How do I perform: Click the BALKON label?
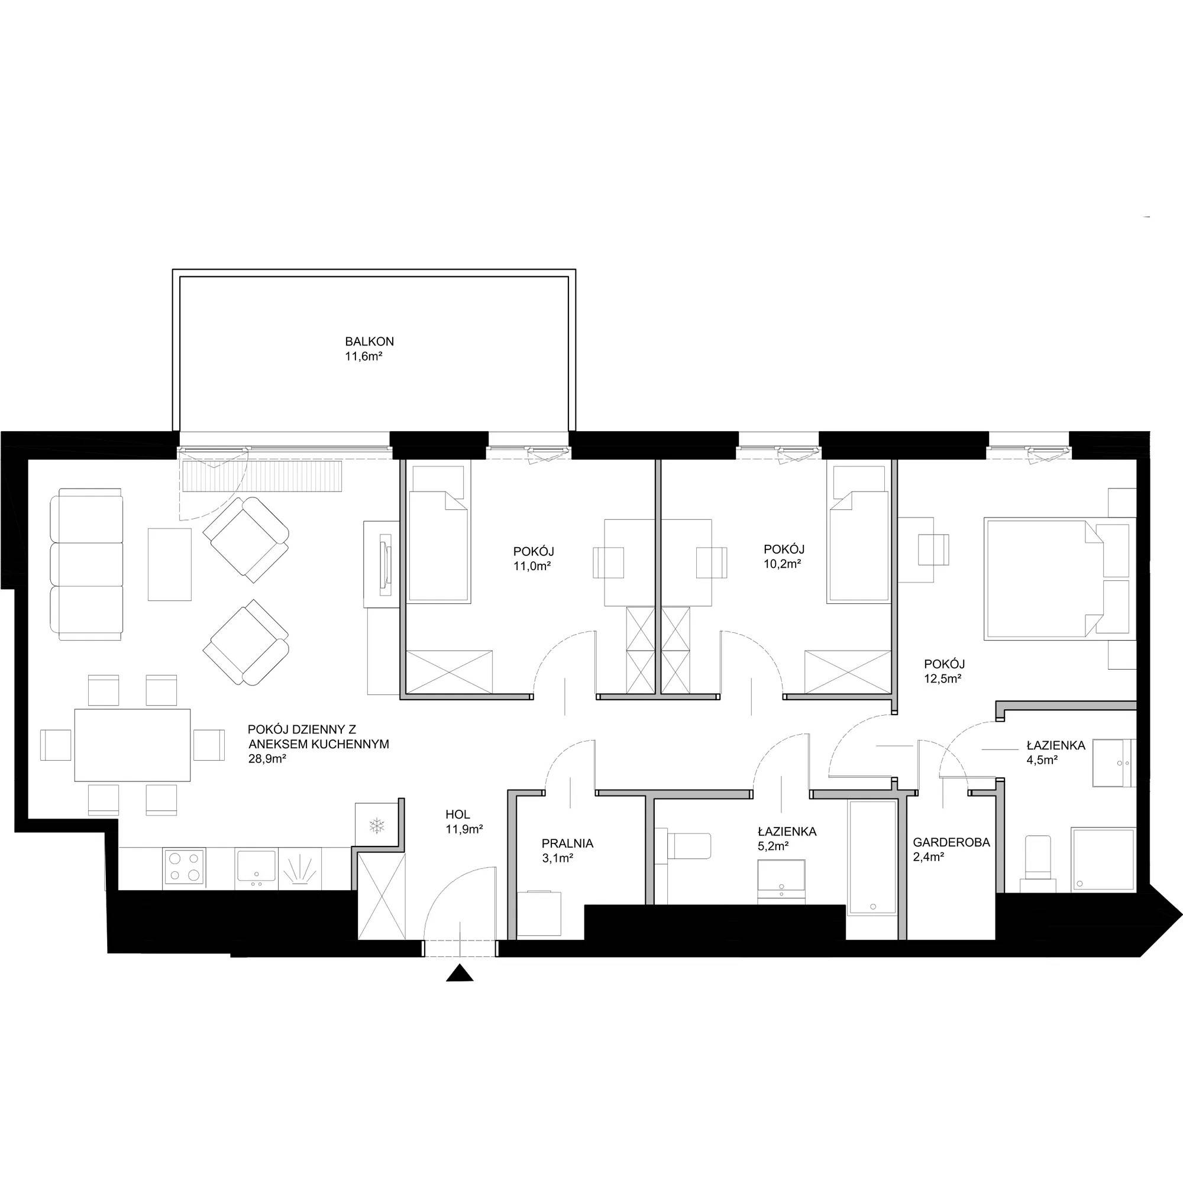pos(369,342)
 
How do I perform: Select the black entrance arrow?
pos(460,974)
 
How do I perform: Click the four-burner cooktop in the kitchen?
pos(185,867)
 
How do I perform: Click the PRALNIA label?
pos(567,843)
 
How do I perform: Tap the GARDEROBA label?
pos(951,842)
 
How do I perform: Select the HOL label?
pos(458,814)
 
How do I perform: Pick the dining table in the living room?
pos(132,745)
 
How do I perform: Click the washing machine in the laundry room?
pos(539,914)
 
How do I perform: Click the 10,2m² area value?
pos(783,564)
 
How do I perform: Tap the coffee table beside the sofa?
pos(170,564)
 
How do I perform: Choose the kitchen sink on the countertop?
pos(257,868)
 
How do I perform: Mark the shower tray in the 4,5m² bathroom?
pos(1103,859)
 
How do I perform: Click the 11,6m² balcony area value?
pos(364,356)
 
